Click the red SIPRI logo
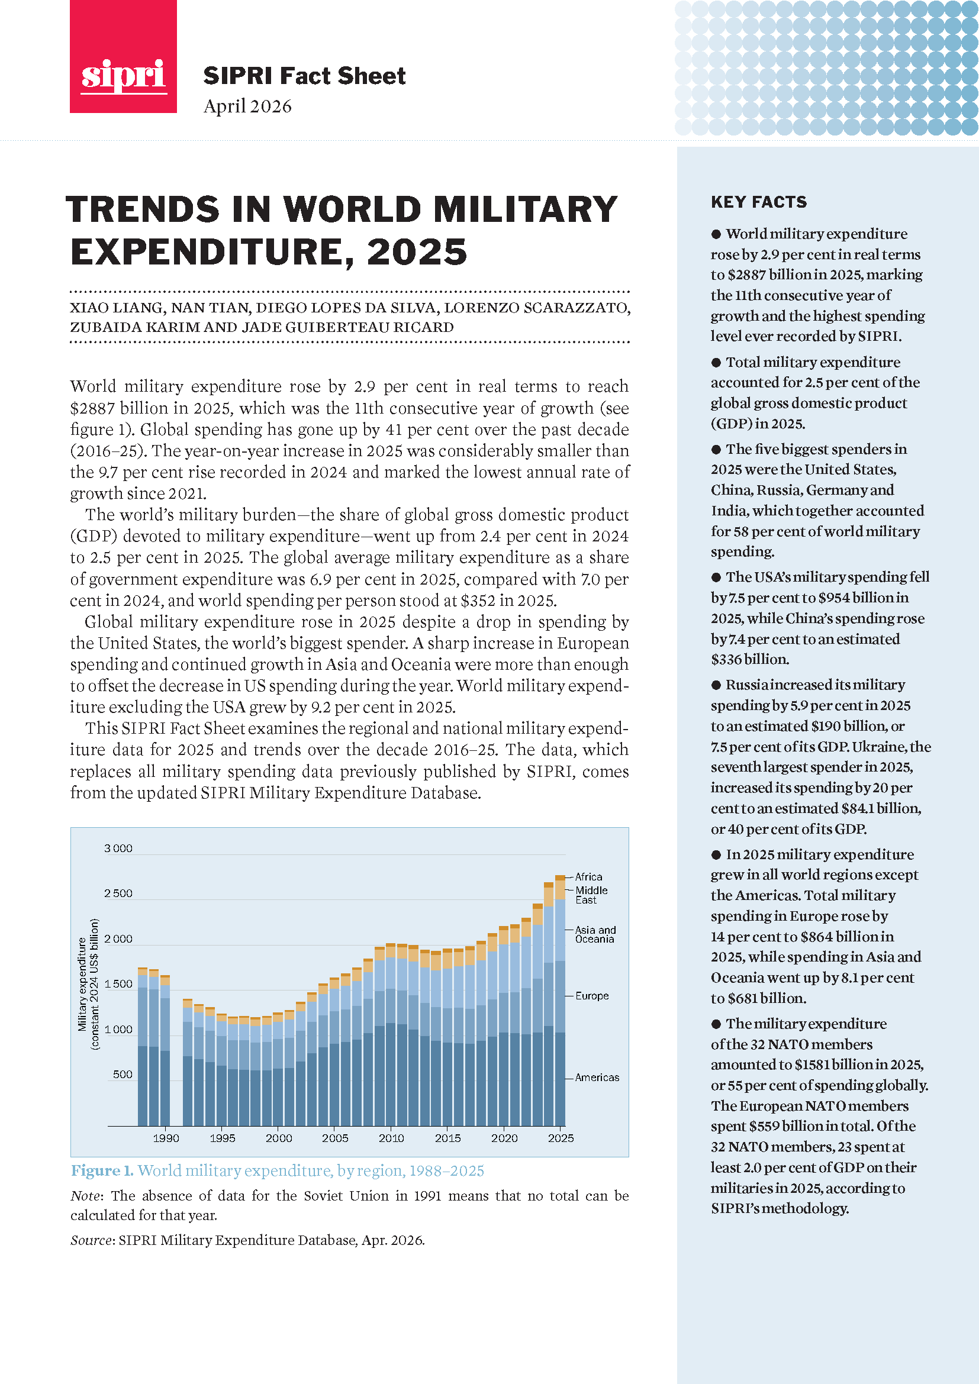click(123, 57)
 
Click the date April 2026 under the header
click(247, 106)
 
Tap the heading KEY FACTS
click(758, 202)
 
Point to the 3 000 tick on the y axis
click(118, 848)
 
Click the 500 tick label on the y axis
click(123, 1074)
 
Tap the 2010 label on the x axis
click(391, 1138)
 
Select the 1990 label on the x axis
click(166, 1138)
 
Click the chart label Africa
click(588, 876)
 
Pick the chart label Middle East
click(591, 895)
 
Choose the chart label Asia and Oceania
click(595, 934)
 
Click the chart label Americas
click(596, 1077)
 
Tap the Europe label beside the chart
click(591, 996)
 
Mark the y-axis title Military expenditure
click(83, 983)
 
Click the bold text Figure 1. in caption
click(102, 1170)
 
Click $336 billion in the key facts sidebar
click(749, 659)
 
